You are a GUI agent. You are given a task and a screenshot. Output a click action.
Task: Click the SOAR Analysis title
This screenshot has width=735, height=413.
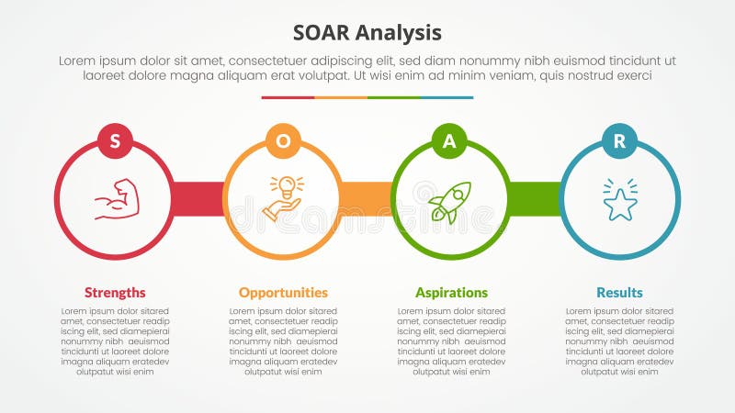click(367, 32)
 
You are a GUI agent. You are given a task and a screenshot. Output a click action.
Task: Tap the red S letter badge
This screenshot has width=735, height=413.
click(115, 140)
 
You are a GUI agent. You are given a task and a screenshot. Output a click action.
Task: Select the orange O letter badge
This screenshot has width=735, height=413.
click(283, 140)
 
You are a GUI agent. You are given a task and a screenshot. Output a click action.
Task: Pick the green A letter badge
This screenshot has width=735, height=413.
click(450, 140)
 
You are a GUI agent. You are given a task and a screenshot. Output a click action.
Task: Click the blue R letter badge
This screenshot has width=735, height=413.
click(619, 140)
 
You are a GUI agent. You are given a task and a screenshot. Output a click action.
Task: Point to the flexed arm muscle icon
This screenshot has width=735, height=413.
click(116, 199)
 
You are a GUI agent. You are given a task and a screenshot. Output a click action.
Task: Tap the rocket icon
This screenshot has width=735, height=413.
click(449, 201)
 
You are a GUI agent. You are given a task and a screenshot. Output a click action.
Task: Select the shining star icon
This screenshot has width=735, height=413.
click(619, 201)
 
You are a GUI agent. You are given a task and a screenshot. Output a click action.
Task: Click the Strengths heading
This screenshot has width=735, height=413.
click(115, 293)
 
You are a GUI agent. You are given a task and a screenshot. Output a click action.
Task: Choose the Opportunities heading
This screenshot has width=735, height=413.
click(283, 293)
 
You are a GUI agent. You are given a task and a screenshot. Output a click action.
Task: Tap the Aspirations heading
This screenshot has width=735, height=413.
click(451, 293)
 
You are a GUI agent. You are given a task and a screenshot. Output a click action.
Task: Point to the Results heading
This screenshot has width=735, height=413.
click(619, 293)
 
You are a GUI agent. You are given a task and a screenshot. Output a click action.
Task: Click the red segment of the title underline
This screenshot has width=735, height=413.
click(288, 97)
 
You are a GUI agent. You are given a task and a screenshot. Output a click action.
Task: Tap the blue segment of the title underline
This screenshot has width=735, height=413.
click(447, 97)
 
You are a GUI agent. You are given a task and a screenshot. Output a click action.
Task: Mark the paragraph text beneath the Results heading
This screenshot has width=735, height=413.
click(619, 341)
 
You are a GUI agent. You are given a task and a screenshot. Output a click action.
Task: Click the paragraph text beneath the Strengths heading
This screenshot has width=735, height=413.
click(115, 341)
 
